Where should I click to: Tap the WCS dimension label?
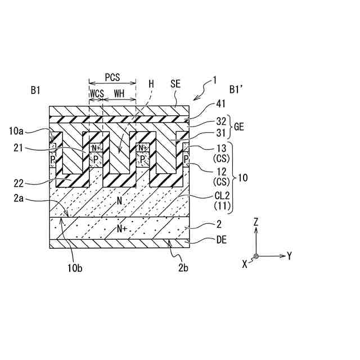97,93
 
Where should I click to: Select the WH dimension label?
119,93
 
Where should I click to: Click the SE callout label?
175,83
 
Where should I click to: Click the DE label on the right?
222,240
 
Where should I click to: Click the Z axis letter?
256,222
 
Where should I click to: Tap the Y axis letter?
289,256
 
